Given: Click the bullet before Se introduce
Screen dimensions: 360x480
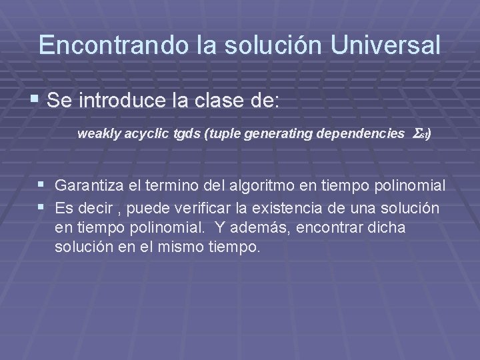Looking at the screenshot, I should click(x=35, y=101).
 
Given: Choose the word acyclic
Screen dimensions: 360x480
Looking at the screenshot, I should click(x=145, y=134).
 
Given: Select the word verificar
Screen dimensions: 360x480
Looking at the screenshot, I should click(x=213, y=209).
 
